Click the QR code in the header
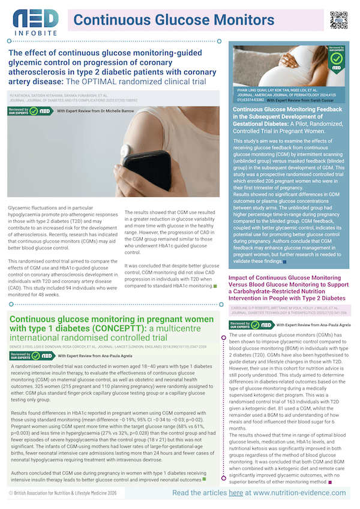coord(339,20)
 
